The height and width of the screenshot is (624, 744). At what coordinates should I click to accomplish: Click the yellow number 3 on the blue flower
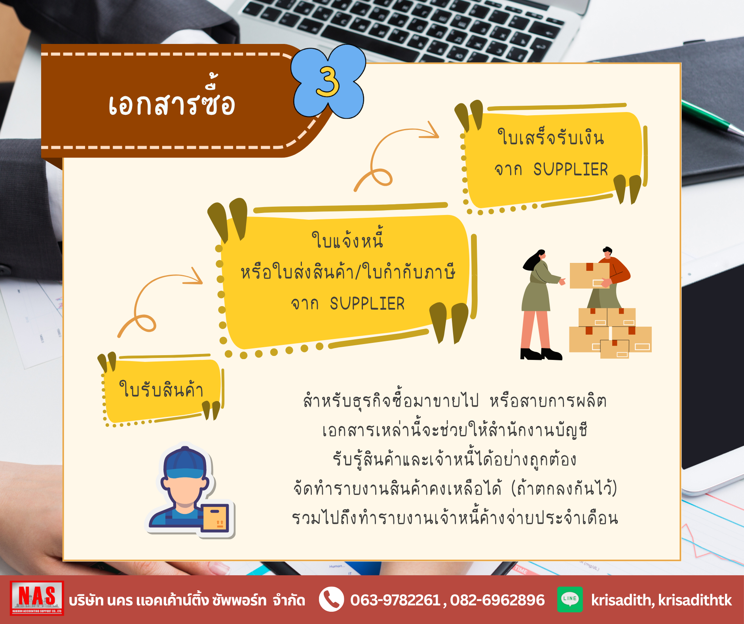pyautogui.click(x=328, y=82)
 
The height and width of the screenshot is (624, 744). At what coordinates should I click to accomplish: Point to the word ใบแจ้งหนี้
pyautogui.click(x=347, y=239)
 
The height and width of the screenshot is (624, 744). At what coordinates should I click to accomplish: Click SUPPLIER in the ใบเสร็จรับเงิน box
pyautogui.click(x=570, y=169)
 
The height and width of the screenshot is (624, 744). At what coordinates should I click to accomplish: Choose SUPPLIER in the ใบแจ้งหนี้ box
pyautogui.click(x=367, y=304)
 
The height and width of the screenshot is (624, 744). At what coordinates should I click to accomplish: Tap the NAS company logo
pyautogui.click(x=37, y=598)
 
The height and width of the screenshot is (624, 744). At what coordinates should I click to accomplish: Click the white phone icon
pyautogui.click(x=331, y=599)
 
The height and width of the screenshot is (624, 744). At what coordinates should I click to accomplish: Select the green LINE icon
pyautogui.click(x=570, y=599)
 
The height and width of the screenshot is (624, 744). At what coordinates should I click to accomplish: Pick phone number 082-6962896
pyautogui.click(x=497, y=600)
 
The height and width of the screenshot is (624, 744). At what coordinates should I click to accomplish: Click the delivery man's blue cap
pyautogui.click(x=185, y=462)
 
